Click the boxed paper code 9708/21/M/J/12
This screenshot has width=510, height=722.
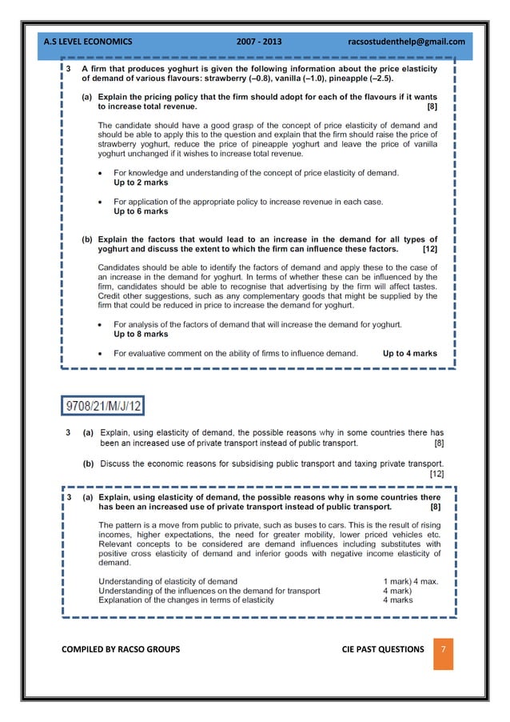coord(104,406)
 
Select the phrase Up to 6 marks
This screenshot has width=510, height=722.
coord(141,212)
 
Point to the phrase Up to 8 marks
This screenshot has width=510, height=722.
coord(141,335)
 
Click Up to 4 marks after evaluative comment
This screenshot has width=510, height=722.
coord(409,353)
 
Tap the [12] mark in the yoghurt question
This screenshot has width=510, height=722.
coord(429,249)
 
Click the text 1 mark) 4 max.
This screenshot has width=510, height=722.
coord(410,581)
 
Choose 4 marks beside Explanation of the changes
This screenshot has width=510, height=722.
coord(397,600)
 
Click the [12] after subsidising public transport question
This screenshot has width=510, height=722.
coord(436,474)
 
